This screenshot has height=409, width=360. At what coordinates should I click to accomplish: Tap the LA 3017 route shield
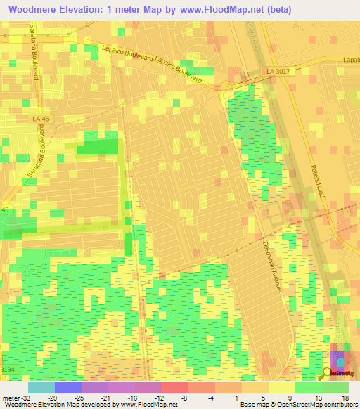[278, 72]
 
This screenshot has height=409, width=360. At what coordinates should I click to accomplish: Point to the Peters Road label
[316, 180]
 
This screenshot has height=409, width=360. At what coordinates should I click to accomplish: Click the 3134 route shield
[7, 369]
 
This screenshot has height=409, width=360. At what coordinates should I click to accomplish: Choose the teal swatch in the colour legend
[41, 387]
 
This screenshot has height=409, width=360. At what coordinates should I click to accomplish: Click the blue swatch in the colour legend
[68, 387]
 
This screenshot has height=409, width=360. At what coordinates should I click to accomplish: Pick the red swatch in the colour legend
[175, 387]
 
